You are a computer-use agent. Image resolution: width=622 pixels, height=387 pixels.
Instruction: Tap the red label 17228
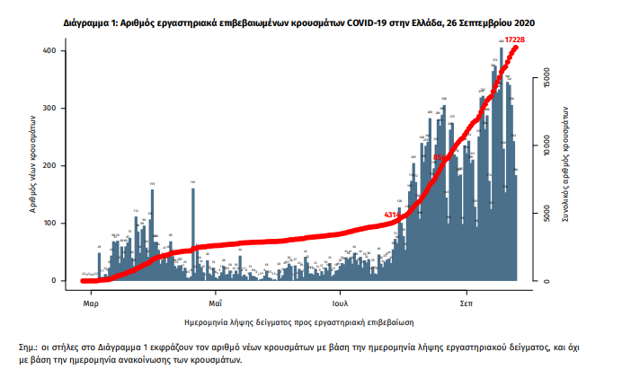515,40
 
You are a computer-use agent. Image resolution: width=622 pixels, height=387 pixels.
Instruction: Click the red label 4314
393,215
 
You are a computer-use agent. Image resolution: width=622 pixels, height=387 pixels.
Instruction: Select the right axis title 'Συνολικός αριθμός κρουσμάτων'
566,166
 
